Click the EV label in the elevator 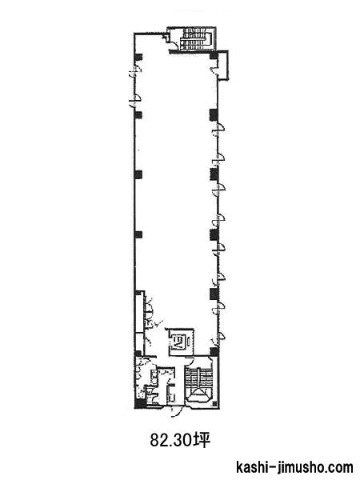point(177,341)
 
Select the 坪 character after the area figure point(202,440)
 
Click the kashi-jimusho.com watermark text point(294,467)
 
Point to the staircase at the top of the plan point(196,39)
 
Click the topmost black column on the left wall point(138,57)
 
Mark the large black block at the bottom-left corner point(140,404)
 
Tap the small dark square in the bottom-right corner point(215,404)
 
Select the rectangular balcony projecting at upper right point(223,65)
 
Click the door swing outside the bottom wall point(177,411)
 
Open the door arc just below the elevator point(190,361)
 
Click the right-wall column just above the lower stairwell point(214,351)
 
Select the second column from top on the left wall point(138,114)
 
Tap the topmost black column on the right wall point(214,56)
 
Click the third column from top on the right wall point(214,174)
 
